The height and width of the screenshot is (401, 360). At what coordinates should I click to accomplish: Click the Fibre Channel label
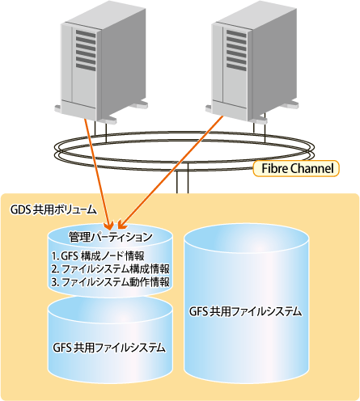(296, 168)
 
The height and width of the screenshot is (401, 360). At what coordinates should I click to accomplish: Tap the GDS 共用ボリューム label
(53, 209)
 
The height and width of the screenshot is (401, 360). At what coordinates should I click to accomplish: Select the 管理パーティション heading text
(111, 237)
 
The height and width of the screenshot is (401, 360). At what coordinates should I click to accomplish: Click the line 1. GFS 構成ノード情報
(98, 255)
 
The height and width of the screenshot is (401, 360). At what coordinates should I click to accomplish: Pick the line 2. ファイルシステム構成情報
(110, 269)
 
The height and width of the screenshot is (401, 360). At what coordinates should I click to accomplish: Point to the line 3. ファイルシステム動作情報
(110, 282)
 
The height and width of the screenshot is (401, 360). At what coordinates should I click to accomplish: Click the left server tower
(101, 62)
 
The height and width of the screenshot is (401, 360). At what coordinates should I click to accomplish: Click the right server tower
(252, 62)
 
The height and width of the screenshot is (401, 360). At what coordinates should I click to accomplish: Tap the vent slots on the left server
(86, 50)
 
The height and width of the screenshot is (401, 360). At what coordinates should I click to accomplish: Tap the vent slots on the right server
(236, 50)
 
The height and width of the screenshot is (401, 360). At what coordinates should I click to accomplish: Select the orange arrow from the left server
(98, 173)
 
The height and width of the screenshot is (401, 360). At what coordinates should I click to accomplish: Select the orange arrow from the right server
(171, 172)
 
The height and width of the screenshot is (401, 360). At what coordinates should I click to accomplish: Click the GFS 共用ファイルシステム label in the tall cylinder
(246, 312)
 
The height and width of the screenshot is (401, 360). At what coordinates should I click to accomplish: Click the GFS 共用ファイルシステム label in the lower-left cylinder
(109, 348)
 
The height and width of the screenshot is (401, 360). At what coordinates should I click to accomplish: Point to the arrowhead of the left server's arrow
(110, 226)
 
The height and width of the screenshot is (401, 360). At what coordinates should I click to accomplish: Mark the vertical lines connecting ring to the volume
(182, 179)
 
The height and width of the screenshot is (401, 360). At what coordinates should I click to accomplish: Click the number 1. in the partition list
(55, 256)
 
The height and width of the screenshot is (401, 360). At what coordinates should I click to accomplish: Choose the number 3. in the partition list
(55, 282)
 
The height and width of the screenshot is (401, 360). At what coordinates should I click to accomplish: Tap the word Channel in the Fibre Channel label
(312, 168)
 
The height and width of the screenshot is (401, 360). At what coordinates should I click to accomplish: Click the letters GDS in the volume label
(20, 209)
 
